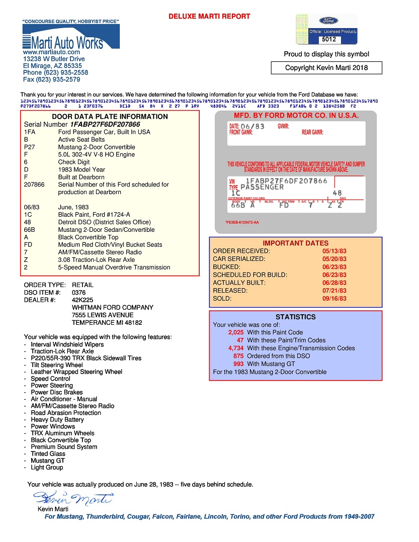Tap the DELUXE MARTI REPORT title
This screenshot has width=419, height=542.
click(209, 17)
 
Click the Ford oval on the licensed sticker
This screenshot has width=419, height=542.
click(328, 21)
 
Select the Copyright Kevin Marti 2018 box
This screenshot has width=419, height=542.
click(326, 68)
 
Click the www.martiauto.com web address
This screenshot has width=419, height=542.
click(51, 52)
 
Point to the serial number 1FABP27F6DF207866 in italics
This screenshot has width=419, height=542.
click(105, 124)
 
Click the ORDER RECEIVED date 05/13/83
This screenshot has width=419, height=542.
click(334, 251)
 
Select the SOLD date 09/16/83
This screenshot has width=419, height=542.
click(334, 299)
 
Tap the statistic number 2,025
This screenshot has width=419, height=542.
click(235, 333)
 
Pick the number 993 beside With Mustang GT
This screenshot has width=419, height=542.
click(238, 364)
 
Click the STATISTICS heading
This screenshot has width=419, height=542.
click(296, 317)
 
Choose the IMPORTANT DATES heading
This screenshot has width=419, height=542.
click(296, 243)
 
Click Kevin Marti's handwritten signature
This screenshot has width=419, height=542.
click(73, 499)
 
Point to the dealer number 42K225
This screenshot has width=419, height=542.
click(83, 300)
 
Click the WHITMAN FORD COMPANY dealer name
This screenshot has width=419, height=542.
click(113, 308)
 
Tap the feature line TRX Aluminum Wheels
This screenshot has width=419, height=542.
click(62, 433)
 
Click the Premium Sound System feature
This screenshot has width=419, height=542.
click(64, 447)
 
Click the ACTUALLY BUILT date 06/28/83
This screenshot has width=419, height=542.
click(334, 283)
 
